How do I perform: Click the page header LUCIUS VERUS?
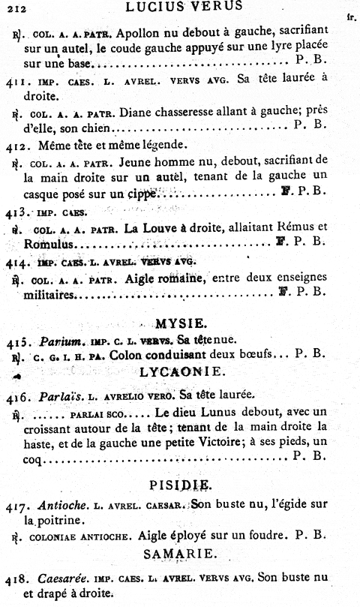point(184,7)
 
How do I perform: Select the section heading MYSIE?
point(181,324)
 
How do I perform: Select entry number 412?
point(16,144)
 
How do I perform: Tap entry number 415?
point(16,342)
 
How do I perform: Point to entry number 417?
point(16,505)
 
